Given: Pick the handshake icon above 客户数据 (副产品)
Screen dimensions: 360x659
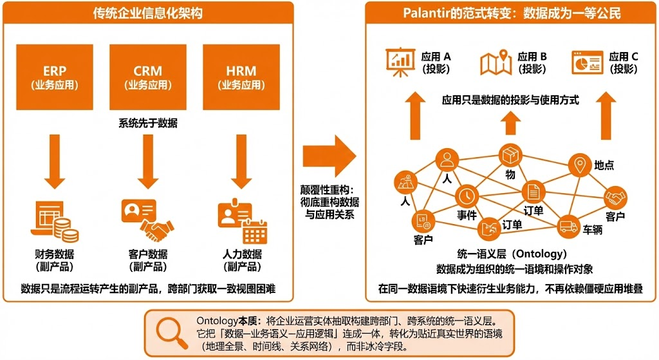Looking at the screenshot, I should pyautogui.click(x=156, y=229).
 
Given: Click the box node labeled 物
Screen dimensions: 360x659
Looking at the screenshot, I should pyautogui.click(x=510, y=155).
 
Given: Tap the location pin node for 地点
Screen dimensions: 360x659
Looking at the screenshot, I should pyautogui.click(x=579, y=166).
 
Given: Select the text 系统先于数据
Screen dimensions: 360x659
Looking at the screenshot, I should pyautogui.click(x=148, y=122).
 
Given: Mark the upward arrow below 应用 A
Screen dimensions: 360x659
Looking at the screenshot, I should pyautogui.click(x=416, y=115).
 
